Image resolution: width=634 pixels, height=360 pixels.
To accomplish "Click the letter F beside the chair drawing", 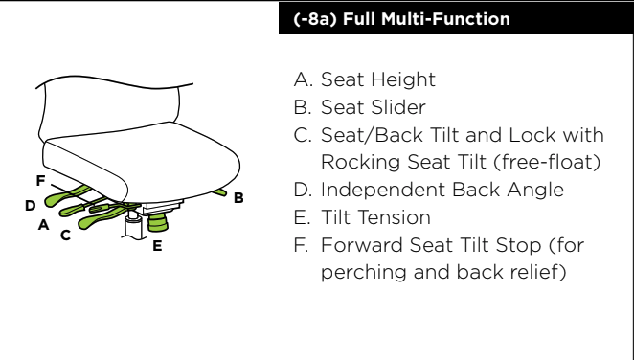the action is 40,180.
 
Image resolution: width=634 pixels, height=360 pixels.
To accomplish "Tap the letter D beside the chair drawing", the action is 31,206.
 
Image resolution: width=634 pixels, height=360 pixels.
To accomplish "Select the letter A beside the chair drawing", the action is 44,225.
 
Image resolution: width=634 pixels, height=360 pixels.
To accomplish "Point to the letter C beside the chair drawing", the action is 65,236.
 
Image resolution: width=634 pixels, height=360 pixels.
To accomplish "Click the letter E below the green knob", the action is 157,246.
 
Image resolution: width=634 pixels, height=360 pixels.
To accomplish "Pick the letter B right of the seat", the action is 238,198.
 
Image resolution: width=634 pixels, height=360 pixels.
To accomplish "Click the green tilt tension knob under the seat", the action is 158,223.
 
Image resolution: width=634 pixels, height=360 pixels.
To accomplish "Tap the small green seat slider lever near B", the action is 220,192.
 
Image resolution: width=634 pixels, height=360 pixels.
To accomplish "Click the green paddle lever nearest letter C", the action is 102,218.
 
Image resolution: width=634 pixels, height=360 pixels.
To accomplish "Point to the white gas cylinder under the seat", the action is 132,227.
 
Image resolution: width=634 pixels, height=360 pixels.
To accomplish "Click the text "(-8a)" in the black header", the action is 315,19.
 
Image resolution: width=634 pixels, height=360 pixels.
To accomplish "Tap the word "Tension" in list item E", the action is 376,217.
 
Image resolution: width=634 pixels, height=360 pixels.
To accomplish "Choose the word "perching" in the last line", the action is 364,272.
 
